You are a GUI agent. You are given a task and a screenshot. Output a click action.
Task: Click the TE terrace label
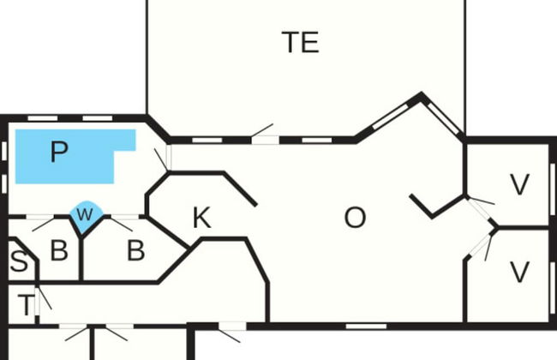(x=300, y=42)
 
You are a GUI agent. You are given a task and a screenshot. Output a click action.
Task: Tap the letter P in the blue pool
(x=58, y=153)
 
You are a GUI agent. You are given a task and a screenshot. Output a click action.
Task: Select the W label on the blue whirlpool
(x=83, y=215)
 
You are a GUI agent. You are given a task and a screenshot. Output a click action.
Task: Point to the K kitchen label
(x=201, y=219)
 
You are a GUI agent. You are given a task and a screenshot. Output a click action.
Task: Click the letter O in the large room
(x=355, y=219)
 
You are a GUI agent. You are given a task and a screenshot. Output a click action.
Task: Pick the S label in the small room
(x=18, y=262)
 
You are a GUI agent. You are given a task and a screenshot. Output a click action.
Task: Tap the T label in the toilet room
(x=27, y=305)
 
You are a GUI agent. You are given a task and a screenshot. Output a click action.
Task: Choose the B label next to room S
(x=58, y=251)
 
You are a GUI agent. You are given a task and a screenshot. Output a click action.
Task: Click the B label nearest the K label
(x=135, y=251)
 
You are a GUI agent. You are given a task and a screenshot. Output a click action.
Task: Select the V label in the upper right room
(x=519, y=184)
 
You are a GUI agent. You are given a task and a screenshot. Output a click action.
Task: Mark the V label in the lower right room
(x=519, y=272)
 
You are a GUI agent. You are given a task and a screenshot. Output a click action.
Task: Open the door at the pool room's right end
(x=163, y=159)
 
